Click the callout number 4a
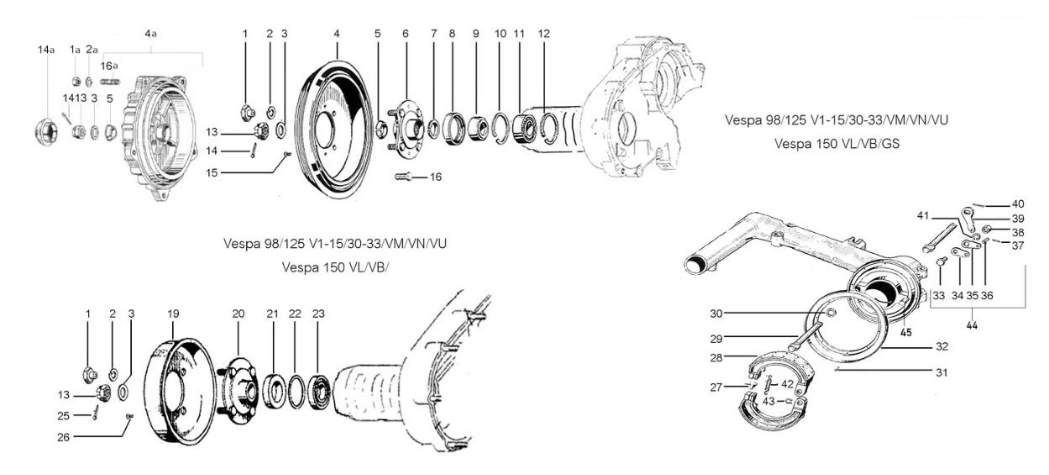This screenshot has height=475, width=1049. (x=151, y=34)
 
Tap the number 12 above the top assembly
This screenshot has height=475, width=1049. (x=544, y=34)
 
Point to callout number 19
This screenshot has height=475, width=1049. (x=174, y=314)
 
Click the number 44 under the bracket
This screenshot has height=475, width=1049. (x=971, y=325)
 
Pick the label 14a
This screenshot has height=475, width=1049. (x=46, y=50)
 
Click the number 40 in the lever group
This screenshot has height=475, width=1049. (x=1018, y=204)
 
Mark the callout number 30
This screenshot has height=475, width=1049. (x=716, y=314)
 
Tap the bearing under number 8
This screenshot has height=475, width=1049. (x=454, y=127)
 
